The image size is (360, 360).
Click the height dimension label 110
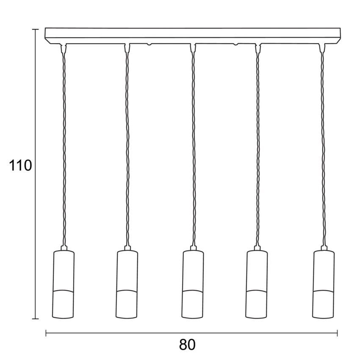(x=20, y=165)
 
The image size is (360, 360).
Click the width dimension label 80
(x=187, y=344)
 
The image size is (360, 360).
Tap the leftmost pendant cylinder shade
(x=64, y=285)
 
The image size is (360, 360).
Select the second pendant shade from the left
(x=127, y=285)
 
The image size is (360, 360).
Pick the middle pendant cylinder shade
(x=193, y=285)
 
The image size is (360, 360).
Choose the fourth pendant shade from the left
(x=257, y=285)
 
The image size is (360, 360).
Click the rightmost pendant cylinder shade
(x=323, y=285)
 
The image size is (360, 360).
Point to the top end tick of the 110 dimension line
(x=35, y=29)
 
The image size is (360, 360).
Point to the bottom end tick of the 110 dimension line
(x=35, y=318)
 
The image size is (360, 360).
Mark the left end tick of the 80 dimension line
(x=46, y=333)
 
